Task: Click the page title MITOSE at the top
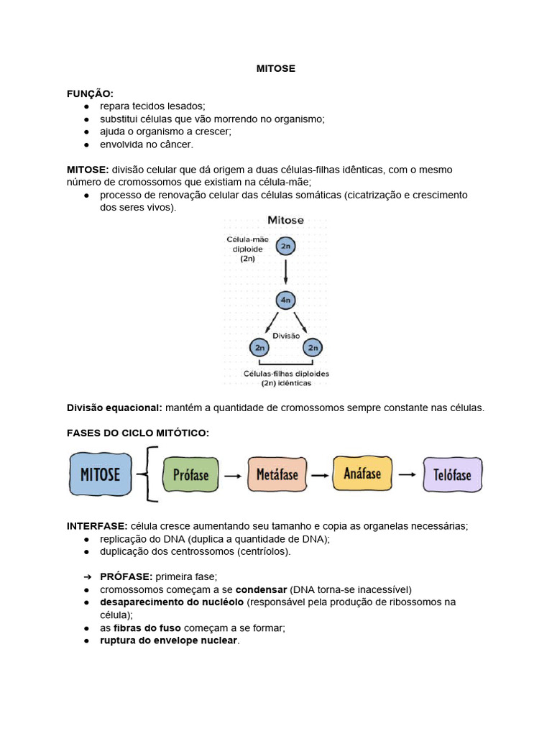point(276,69)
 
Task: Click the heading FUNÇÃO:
point(90,93)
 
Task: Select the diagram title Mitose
point(285,220)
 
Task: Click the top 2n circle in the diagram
point(285,247)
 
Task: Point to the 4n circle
point(285,300)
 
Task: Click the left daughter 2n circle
point(259,348)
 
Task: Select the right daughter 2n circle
point(313,348)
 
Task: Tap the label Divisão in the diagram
point(286,335)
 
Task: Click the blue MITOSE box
point(101,475)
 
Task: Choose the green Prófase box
point(190,475)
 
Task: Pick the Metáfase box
point(277,475)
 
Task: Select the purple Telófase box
point(453,475)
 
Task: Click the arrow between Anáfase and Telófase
point(408,474)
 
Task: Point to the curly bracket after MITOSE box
point(149,474)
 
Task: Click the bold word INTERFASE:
point(97,526)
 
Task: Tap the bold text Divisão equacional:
point(114,408)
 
